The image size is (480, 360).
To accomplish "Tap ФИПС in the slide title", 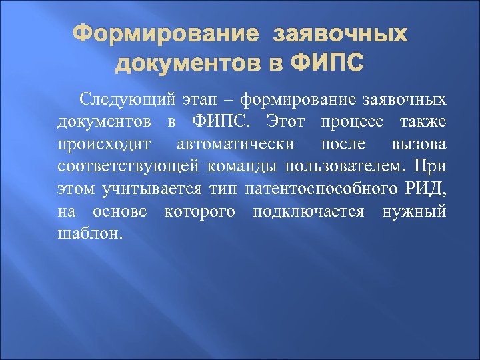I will pyautogui.click(x=328, y=64).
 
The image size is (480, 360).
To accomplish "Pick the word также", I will pyautogui.click(x=424, y=122).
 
